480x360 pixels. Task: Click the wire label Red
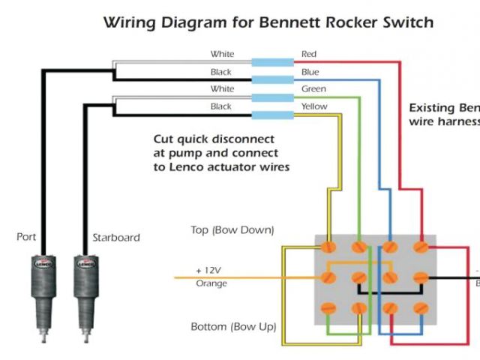309,54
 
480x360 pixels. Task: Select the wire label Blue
310,72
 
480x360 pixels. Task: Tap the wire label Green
313,89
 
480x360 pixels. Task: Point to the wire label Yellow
314,106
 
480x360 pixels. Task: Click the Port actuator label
26,237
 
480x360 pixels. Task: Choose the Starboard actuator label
115,238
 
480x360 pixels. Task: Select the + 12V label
208,270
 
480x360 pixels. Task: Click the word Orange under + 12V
211,284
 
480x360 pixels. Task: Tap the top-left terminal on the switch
328,246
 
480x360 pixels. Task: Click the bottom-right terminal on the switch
420,307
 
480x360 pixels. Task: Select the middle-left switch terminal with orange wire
328,277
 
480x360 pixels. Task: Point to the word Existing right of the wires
431,107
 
